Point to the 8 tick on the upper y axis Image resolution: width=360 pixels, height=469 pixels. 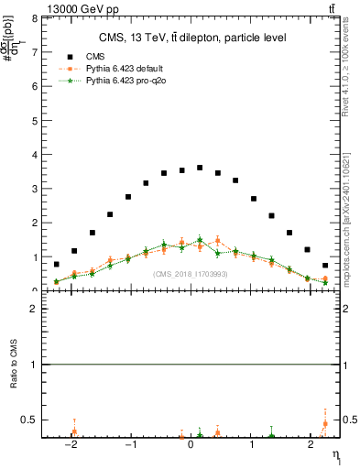point(33,18)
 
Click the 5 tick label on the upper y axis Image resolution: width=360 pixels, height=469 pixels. point(33,120)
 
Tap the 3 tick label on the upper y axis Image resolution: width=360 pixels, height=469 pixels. point(33,189)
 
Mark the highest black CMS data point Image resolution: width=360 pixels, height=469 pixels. point(200,168)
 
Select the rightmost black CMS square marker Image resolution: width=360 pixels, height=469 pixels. point(325,266)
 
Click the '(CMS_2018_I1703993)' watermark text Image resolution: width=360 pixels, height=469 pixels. point(190,274)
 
